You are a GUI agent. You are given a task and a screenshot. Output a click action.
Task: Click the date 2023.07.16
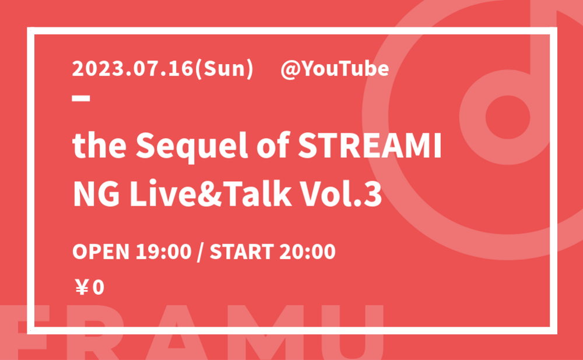coord(133,69)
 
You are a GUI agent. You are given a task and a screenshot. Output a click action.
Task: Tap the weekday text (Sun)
coord(224,69)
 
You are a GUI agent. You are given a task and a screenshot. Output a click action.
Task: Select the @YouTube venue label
coord(335,69)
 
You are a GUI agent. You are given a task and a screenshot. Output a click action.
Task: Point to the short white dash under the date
coord(81,98)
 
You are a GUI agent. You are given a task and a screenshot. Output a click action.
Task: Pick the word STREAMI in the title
coord(370,146)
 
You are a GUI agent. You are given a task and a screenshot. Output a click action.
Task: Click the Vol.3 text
coord(341,195)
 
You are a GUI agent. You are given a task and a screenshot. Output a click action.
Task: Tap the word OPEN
coord(101,252)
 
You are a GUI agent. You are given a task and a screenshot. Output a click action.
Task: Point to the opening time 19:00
coord(164,252)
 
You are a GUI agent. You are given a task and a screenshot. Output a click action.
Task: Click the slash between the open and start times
coord(201,252)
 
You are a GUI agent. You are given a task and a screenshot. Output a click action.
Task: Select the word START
coord(242,252)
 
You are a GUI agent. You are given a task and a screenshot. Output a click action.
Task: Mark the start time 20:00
coord(307,252)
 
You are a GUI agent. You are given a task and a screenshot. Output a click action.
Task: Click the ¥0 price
coord(90,288)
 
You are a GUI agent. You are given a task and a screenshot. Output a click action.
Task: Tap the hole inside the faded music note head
coord(508,117)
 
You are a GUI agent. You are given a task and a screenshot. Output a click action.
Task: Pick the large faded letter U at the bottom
coord(361,333)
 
